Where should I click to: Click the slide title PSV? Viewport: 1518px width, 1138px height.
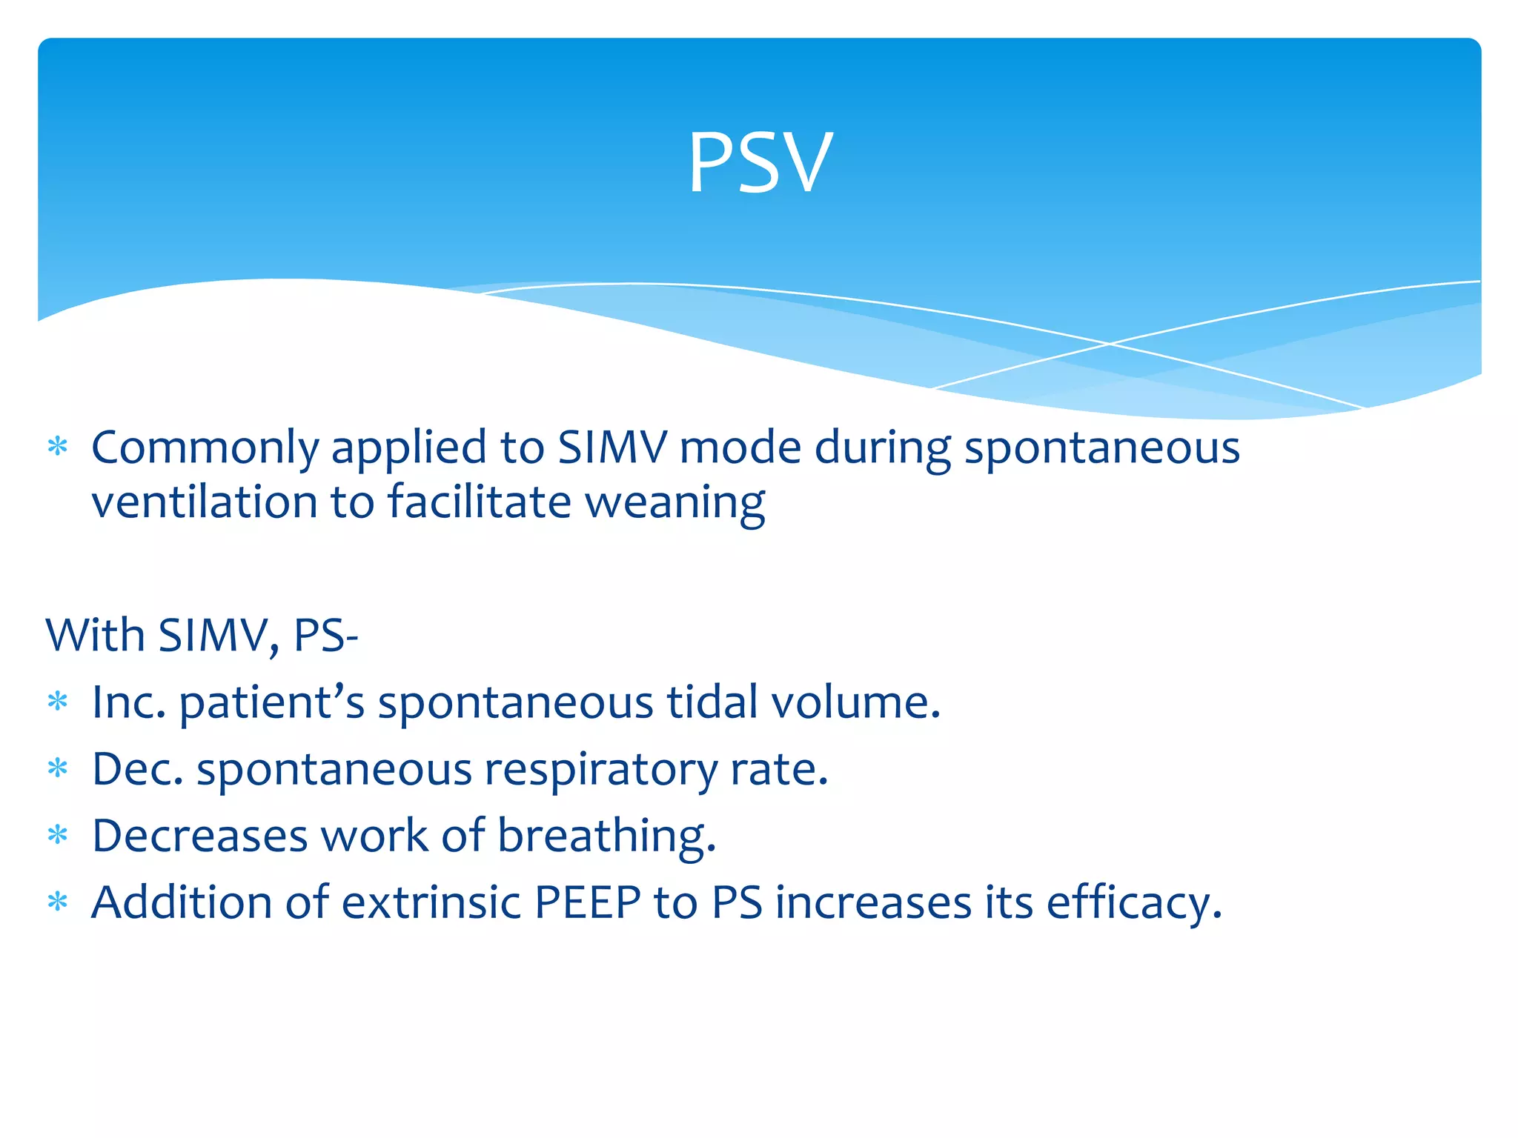click(x=760, y=163)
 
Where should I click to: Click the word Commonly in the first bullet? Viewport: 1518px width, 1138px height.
click(x=205, y=448)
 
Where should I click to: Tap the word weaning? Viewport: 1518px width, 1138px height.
click(x=675, y=502)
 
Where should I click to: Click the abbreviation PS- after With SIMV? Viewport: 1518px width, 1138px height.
click(x=325, y=635)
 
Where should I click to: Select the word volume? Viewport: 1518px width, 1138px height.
click(x=855, y=702)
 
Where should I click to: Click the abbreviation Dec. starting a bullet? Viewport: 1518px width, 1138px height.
click(x=137, y=768)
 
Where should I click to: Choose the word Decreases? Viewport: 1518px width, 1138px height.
click(x=199, y=836)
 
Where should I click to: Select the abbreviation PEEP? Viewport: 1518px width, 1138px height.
click(x=587, y=902)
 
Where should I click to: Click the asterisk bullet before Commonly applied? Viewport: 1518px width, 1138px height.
click(x=58, y=447)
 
